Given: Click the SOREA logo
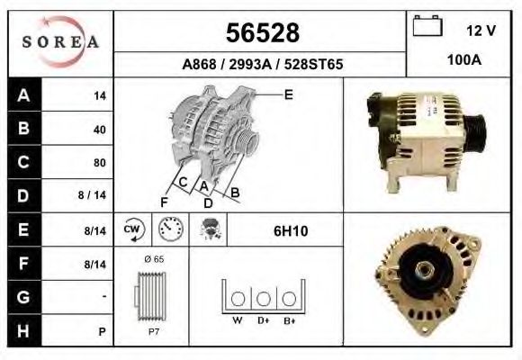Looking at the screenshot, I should click(x=59, y=43).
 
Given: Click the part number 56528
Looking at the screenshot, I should click(x=260, y=33).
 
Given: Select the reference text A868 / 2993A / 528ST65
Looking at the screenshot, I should click(x=260, y=65).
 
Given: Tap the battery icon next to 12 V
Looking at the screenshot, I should click(x=425, y=27).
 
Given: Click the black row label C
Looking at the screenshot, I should click(x=22, y=163).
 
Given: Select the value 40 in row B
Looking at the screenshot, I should click(x=99, y=130).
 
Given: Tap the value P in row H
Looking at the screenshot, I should click(x=103, y=330).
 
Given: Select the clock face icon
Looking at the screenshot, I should click(x=169, y=230).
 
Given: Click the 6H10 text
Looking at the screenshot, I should click(x=290, y=231).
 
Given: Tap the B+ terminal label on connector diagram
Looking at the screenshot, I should click(x=289, y=319).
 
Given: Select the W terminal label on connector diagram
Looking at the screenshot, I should click(x=237, y=319).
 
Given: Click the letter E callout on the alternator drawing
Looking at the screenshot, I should click(x=288, y=94).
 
